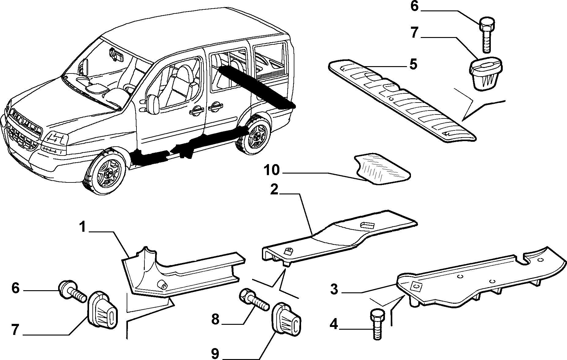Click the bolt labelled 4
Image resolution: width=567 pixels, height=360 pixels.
click(377, 324)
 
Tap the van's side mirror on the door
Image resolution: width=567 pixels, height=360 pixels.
click(153, 103)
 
